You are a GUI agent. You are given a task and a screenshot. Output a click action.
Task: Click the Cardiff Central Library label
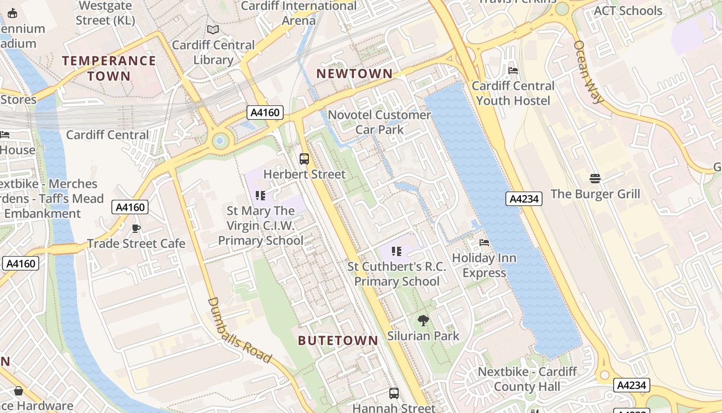[x=213, y=53]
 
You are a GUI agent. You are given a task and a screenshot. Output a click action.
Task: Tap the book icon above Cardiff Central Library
[x=212, y=30]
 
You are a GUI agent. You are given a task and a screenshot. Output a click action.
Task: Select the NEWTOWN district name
[x=354, y=74]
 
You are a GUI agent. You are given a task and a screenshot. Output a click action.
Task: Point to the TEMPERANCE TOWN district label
[x=109, y=68]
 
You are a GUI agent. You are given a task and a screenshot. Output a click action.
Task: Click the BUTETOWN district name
[x=338, y=341]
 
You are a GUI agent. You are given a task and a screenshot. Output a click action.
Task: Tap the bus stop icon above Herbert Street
[x=304, y=159]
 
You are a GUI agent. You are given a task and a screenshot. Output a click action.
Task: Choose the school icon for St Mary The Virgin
[x=260, y=196]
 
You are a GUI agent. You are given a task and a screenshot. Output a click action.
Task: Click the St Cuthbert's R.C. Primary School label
[x=397, y=274]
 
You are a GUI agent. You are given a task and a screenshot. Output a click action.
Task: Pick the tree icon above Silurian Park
[x=423, y=321]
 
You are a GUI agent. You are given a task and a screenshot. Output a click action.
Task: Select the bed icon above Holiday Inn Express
[x=484, y=243]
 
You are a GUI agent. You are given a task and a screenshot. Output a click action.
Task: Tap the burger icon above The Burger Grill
[x=595, y=179]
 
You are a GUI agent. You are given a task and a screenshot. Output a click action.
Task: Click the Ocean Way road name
[x=588, y=72]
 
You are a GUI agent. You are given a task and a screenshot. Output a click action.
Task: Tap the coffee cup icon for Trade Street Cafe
[x=136, y=228]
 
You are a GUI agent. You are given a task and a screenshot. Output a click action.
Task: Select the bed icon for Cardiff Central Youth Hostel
[x=513, y=71]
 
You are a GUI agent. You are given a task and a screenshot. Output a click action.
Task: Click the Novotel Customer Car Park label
[x=380, y=122]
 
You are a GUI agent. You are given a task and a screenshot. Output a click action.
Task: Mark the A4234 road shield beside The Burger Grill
[x=523, y=199]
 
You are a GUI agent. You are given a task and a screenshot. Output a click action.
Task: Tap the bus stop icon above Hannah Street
[x=394, y=393]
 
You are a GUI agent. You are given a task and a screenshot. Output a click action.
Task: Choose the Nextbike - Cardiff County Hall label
[x=527, y=379]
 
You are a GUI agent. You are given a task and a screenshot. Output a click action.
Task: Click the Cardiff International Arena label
[x=299, y=13]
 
